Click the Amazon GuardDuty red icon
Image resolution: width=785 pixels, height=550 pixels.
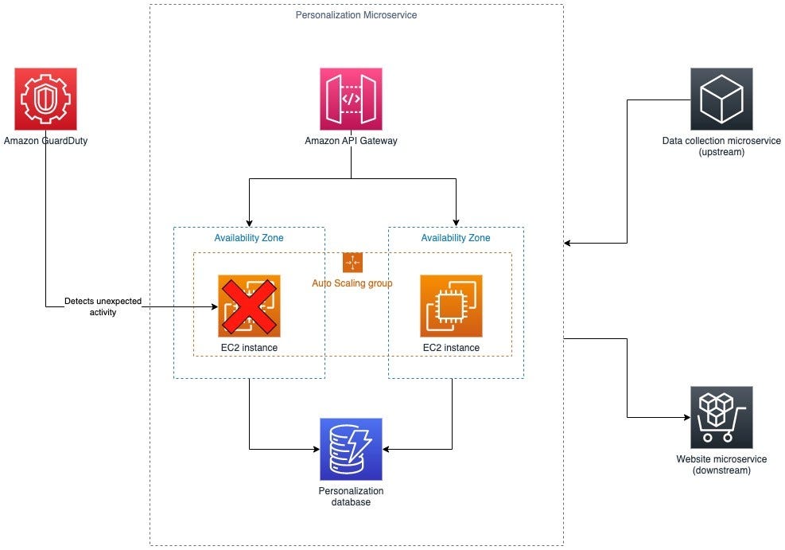point(45,99)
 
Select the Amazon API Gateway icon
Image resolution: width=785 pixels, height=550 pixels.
point(351,99)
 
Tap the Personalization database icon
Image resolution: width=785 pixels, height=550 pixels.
point(351,449)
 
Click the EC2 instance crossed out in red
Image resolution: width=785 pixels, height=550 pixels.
point(249,306)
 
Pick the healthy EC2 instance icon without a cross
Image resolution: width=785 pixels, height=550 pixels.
point(451,306)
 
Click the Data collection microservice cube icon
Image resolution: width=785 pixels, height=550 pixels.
point(721,99)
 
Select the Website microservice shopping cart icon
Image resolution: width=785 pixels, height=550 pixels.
point(721,417)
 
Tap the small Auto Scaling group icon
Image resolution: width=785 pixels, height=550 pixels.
point(352,263)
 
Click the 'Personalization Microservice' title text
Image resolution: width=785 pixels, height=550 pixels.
point(356,15)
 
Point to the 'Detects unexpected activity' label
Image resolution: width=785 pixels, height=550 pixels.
point(93,306)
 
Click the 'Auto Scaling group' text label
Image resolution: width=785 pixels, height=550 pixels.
point(352,283)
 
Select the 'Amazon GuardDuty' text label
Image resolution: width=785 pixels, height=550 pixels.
point(45,141)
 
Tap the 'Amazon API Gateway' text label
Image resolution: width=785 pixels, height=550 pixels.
point(351,141)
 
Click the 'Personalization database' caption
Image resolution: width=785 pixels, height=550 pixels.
point(351,496)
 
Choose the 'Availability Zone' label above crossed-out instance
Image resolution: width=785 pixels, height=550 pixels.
point(249,238)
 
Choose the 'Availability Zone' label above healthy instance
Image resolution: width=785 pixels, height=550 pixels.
point(456,238)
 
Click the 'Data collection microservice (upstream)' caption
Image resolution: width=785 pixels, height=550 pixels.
point(721,146)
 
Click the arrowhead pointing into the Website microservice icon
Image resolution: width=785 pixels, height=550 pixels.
point(685,417)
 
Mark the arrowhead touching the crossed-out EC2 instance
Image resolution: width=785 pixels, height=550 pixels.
point(213,306)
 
